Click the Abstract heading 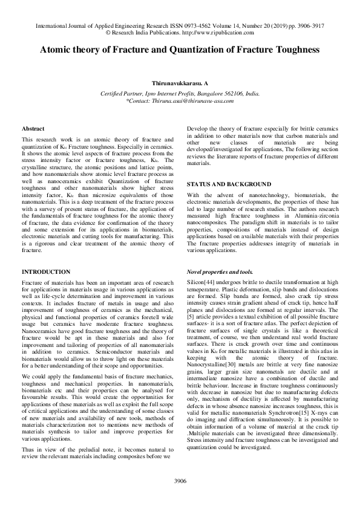(33, 129)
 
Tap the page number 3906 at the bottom (180, 480)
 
